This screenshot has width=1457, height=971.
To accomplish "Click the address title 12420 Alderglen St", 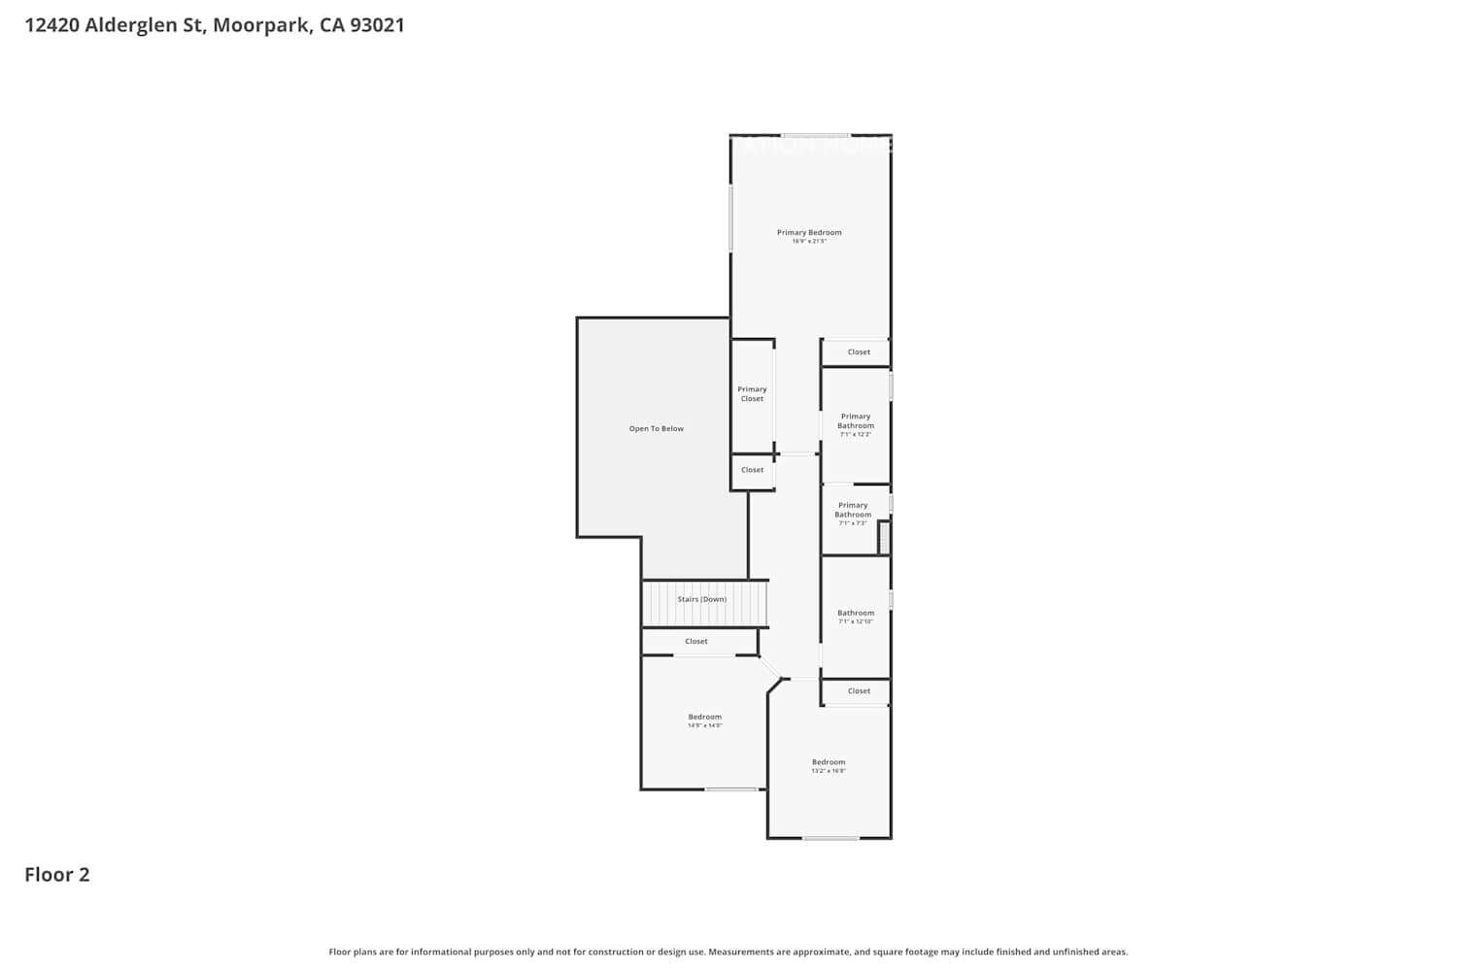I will click(215, 25).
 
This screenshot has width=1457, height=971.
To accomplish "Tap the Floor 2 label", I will click(57, 874).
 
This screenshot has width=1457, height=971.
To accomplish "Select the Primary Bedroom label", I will click(809, 233).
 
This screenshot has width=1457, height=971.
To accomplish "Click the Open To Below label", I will click(657, 428).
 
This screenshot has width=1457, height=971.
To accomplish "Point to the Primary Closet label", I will click(752, 394).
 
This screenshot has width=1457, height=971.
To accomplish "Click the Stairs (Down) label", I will click(702, 599).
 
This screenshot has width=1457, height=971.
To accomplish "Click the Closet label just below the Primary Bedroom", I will click(859, 352).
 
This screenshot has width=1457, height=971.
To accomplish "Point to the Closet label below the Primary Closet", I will click(753, 470).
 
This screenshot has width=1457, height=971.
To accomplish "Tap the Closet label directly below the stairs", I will click(696, 641).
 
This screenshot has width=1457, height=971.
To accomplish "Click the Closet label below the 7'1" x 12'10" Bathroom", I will click(859, 691).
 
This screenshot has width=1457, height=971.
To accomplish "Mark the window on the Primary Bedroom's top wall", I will click(816, 135).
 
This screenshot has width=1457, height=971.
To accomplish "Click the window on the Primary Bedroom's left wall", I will click(730, 218).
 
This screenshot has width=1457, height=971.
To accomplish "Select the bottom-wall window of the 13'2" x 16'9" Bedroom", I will click(830, 838).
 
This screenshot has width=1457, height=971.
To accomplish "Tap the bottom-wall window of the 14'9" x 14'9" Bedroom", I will click(731, 789).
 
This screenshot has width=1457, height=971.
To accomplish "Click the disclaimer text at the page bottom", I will click(728, 953).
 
